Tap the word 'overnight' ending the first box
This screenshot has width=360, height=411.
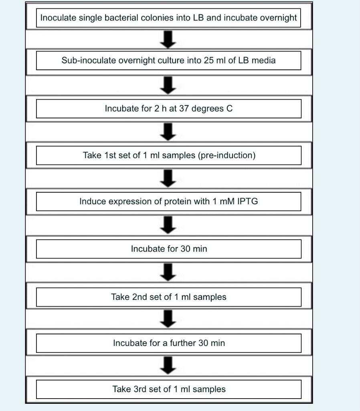(x=279, y=18)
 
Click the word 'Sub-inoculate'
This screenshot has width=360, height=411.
(x=85, y=60)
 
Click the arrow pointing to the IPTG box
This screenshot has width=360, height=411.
(x=169, y=178)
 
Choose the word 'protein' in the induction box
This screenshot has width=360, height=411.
(x=178, y=201)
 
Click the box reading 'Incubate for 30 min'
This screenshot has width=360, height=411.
(x=169, y=249)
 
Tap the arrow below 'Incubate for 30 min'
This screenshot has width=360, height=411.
(x=169, y=272)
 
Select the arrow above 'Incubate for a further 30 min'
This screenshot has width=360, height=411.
(x=169, y=318)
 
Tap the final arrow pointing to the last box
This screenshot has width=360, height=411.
(x=169, y=365)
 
